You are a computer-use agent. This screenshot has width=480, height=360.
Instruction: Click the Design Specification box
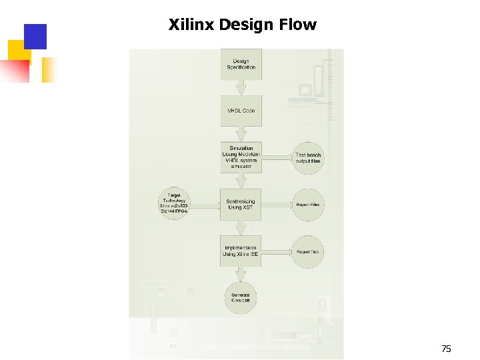pyautogui.click(x=241, y=65)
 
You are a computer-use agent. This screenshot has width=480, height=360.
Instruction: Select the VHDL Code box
pyautogui.click(x=241, y=111)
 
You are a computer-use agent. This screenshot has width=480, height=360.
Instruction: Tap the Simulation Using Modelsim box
pyautogui.click(x=241, y=157)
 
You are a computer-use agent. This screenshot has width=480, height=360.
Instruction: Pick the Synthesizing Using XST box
pyautogui.click(x=241, y=205)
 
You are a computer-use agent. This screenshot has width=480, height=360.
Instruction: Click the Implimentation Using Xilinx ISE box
pyautogui.click(x=241, y=251)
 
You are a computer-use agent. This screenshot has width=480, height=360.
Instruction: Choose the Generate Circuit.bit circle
pyautogui.click(x=241, y=298)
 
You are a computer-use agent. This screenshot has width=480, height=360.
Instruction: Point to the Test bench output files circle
pyautogui.click(x=308, y=158)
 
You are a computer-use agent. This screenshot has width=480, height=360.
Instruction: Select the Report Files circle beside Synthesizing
pyautogui.click(x=308, y=205)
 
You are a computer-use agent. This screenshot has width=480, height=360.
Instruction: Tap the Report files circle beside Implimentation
pyautogui.click(x=308, y=251)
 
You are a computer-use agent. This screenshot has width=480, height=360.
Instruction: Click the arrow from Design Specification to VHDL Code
pyautogui.click(x=241, y=87)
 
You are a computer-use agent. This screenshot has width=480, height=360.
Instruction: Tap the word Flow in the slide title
pyautogui.click(x=299, y=25)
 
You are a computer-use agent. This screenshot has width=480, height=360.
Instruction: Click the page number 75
pyautogui.click(x=447, y=349)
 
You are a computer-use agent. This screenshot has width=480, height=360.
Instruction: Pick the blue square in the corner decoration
pyautogui.click(x=35, y=37)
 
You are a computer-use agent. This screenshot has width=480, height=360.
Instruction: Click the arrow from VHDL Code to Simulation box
pyautogui.click(x=241, y=134)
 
